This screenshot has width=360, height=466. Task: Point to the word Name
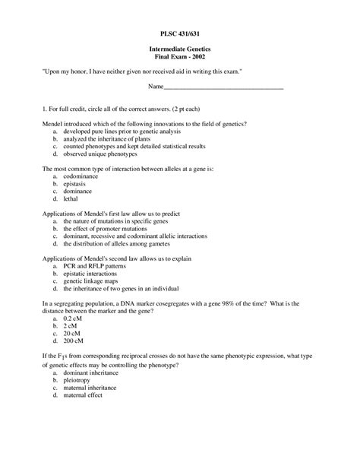(155, 87)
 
